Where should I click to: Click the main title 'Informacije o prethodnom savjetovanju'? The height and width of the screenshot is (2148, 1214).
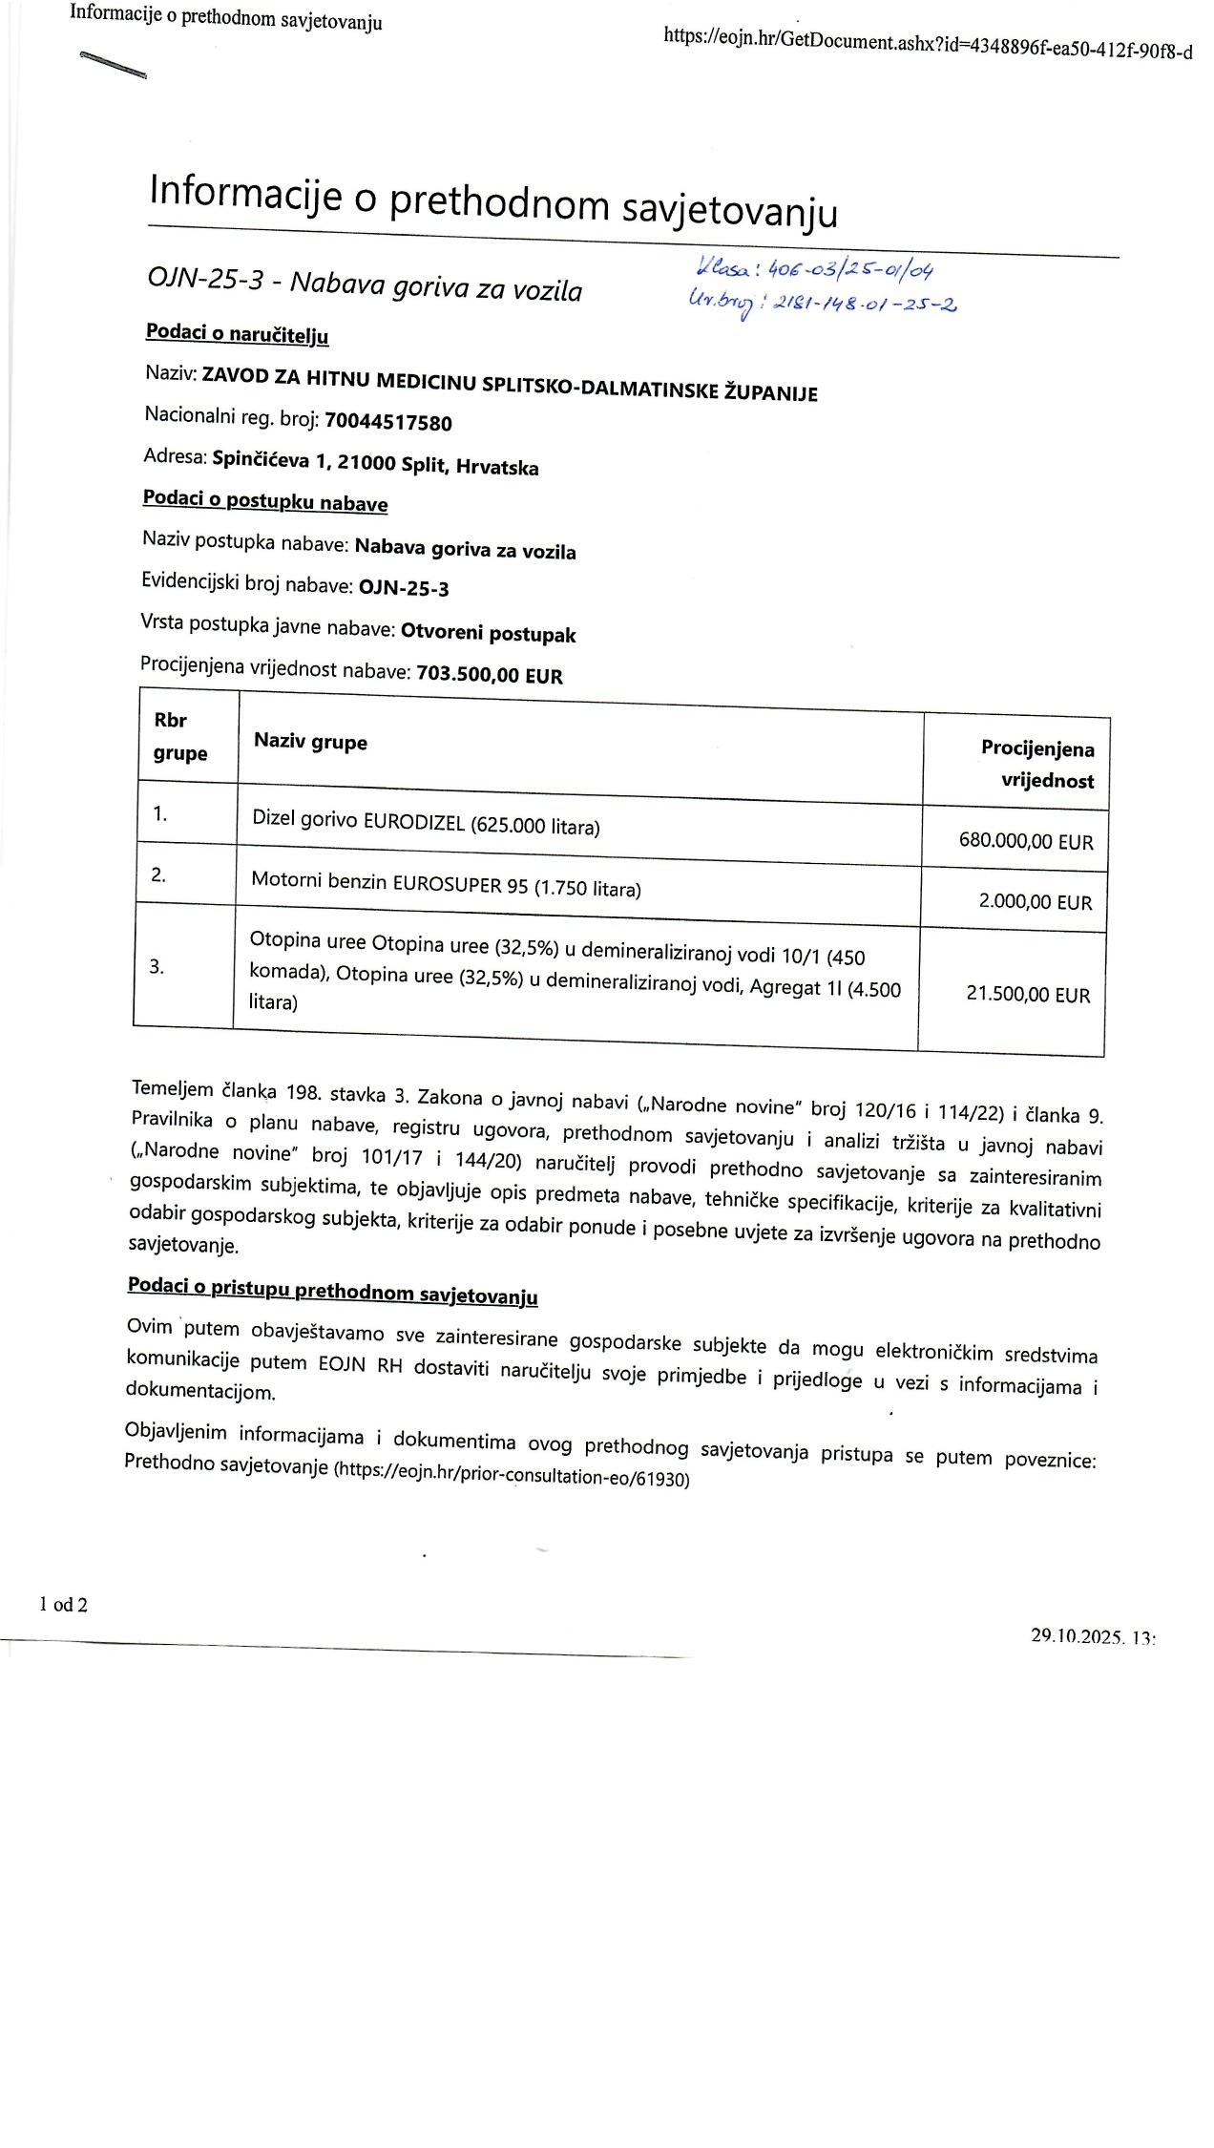click(x=493, y=202)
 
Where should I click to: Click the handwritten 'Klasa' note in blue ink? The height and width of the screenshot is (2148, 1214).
click(x=814, y=269)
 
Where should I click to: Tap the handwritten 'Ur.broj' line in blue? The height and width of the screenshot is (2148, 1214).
click(x=821, y=303)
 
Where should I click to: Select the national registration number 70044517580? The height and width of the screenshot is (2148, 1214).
click(x=387, y=422)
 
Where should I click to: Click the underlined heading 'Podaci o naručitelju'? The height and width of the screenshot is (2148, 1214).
click(x=237, y=333)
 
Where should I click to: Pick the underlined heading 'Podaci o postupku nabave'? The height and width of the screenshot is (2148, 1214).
click(x=265, y=501)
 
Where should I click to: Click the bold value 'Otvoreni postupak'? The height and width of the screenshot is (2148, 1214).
click(x=488, y=633)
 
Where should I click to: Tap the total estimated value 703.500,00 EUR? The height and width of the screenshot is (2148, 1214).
click(x=490, y=675)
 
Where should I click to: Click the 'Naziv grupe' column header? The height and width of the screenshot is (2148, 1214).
click(x=310, y=742)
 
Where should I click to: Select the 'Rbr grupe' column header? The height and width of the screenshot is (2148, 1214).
click(x=179, y=736)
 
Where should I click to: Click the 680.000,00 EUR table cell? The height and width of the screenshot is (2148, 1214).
click(x=1025, y=841)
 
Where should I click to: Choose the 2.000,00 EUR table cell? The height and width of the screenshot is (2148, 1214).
click(x=1035, y=901)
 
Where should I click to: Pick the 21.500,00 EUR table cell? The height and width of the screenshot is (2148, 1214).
click(x=1027, y=994)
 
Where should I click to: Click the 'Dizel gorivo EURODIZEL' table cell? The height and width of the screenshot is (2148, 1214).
click(x=426, y=823)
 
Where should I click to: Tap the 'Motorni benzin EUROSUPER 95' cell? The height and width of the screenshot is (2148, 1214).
click(x=446, y=884)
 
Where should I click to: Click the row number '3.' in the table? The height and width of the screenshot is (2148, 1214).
click(x=157, y=966)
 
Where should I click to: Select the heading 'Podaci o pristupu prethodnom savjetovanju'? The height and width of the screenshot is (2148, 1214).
click(x=332, y=1291)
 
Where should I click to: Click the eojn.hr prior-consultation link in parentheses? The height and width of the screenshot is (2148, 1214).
click(x=511, y=1476)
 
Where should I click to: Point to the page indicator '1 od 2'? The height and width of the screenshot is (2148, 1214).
click(x=63, y=1605)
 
